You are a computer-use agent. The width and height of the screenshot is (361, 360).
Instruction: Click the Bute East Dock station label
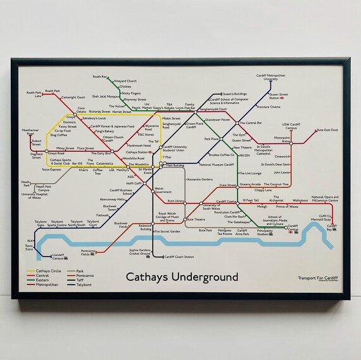(327, 130)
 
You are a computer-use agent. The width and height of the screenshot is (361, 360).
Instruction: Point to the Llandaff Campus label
(58, 256)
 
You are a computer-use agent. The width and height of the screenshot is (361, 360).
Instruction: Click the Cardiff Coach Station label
(179, 257)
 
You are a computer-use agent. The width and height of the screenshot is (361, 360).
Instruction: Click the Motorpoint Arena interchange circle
(291, 144)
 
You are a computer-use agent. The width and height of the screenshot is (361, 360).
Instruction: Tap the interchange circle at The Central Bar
(237, 122)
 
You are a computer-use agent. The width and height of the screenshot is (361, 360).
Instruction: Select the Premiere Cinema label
(269, 108)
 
